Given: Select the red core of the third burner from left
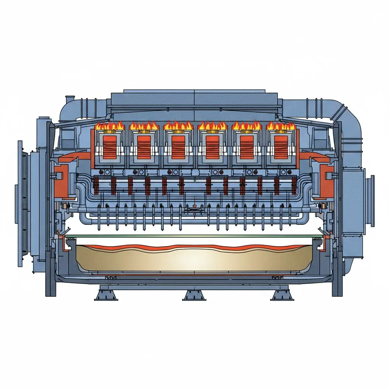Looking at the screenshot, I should (x=178, y=147).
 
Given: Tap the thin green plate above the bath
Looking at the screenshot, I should (x=194, y=236).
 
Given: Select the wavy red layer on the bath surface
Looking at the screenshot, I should (x=194, y=248).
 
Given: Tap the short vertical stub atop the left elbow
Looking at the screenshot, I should (x=70, y=99).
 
